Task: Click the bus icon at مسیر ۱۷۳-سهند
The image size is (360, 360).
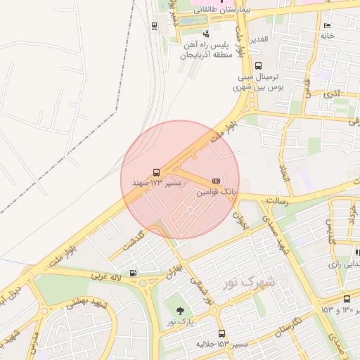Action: click(x=156, y=173)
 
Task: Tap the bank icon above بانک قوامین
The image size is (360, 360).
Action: click(x=215, y=181)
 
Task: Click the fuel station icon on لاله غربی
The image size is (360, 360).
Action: click(x=133, y=274)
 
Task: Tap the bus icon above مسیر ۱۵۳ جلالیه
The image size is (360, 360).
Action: click(x=221, y=333)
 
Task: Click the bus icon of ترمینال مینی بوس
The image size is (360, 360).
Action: click(x=259, y=65)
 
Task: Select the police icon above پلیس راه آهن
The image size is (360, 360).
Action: click(x=206, y=33)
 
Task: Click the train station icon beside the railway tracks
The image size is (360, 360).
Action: click(x=155, y=26)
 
